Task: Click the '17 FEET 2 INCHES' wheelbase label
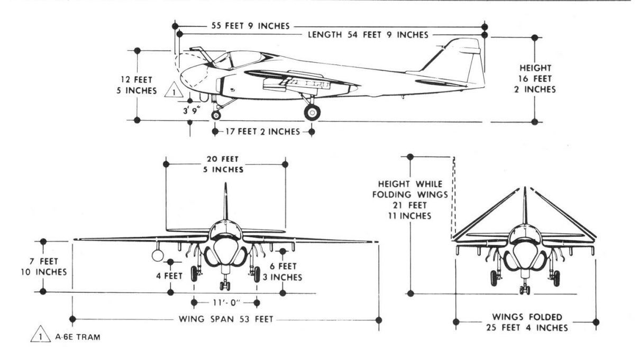(263, 132)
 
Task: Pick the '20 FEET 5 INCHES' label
(225, 164)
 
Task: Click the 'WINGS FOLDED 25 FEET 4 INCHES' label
(527, 322)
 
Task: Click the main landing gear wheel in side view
(312, 112)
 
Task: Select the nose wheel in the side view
(216, 115)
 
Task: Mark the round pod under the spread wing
(158, 256)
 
